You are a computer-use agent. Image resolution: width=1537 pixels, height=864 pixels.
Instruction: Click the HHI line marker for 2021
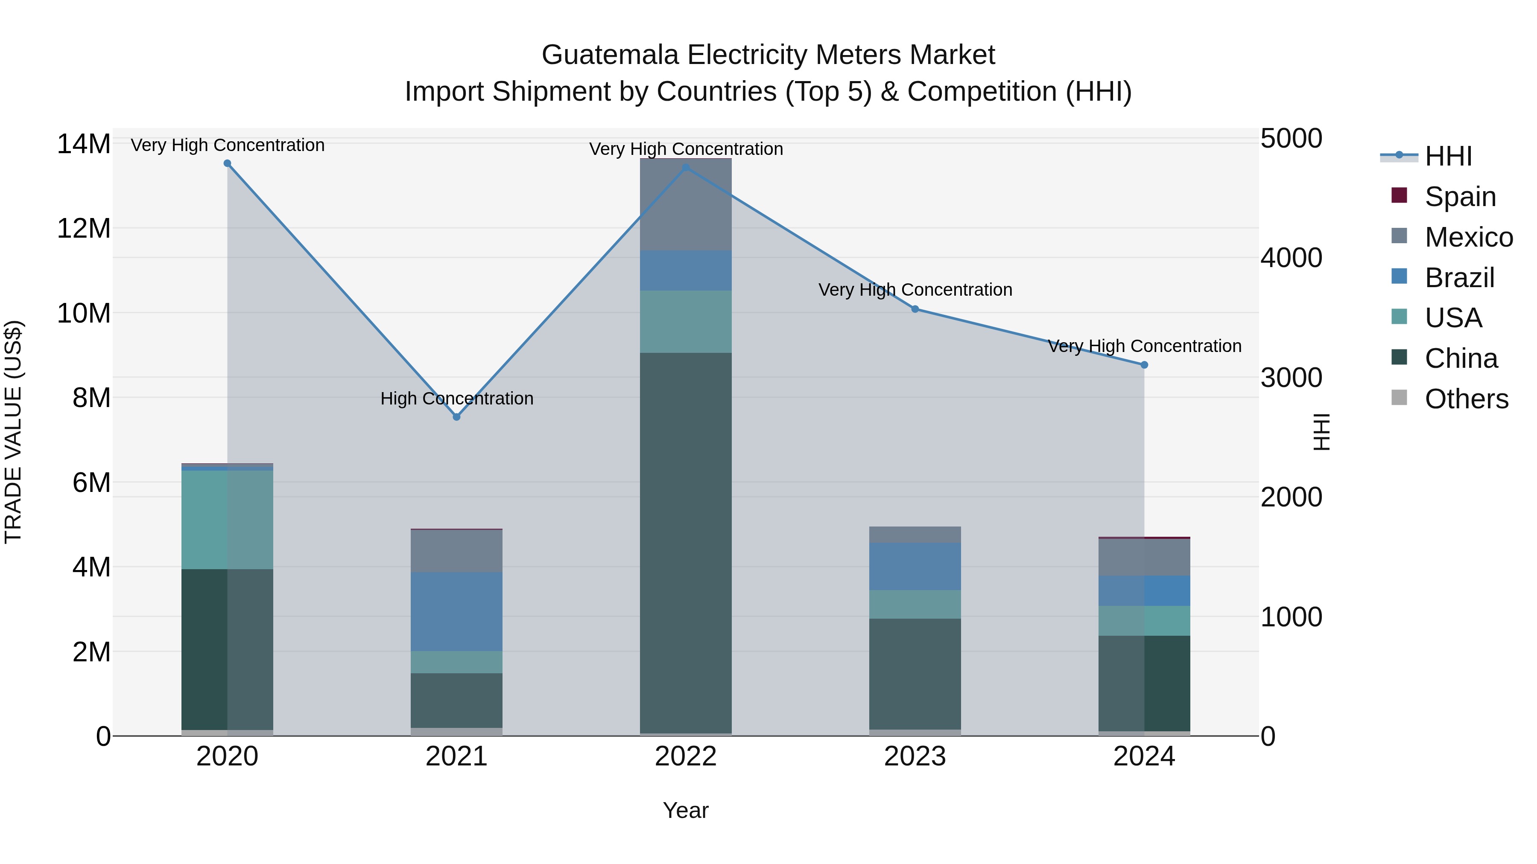coord(456,417)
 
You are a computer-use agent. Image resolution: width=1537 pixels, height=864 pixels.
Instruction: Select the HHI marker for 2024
coord(1144,365)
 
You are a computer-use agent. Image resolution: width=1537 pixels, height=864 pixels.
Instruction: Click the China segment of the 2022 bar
coord(686,543)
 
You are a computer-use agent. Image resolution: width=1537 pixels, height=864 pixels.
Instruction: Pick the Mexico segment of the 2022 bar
coord(686,204)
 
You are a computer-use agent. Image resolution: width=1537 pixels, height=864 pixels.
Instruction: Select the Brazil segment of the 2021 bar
coord(456,611)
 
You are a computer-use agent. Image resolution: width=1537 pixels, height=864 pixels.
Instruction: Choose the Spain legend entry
coord(1459,196)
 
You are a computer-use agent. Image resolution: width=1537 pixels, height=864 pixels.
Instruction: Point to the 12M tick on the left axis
coord(84,228)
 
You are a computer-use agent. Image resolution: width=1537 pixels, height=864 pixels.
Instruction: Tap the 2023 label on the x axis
coord(915,756)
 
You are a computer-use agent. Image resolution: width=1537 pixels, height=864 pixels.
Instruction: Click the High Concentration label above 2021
coord(456,399)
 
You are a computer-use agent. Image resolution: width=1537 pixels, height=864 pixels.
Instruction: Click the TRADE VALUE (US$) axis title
coord(13,432)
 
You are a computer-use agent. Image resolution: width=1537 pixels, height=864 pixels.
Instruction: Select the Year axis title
coord(686,810)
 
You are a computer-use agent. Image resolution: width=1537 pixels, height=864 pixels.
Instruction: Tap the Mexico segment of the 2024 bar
coord(1144,557)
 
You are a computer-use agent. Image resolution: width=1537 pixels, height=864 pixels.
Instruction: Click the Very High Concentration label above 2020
coord(227,145)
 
